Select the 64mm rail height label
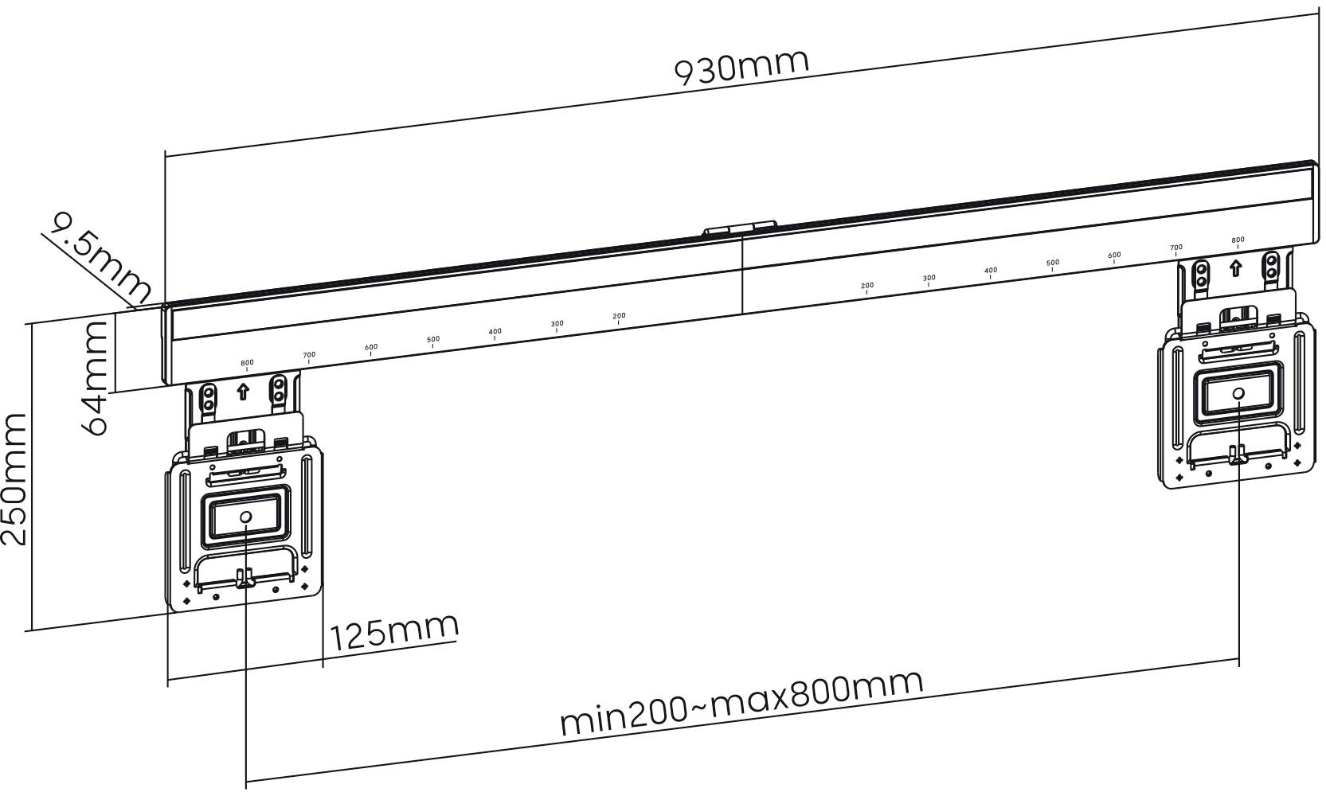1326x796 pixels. [x=96, y=377]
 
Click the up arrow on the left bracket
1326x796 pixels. [x=244, y=392]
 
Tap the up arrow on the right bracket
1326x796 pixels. [x=1235, y=267]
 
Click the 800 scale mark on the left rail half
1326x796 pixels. [x=247, y=363]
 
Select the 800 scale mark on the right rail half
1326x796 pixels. [x=1238, y=240]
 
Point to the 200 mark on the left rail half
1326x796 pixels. [x=619, y=316]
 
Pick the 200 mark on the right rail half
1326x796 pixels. [x=867, y=286]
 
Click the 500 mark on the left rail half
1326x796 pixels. [x=433, y=339]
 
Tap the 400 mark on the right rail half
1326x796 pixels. [x=991, y=271]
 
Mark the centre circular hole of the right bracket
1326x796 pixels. [x=1238, y=393]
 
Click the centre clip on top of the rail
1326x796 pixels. [x=739, y=229]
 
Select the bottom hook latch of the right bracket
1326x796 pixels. [x=1238, y=455]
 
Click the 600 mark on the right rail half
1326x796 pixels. [x=1114, y=256]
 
